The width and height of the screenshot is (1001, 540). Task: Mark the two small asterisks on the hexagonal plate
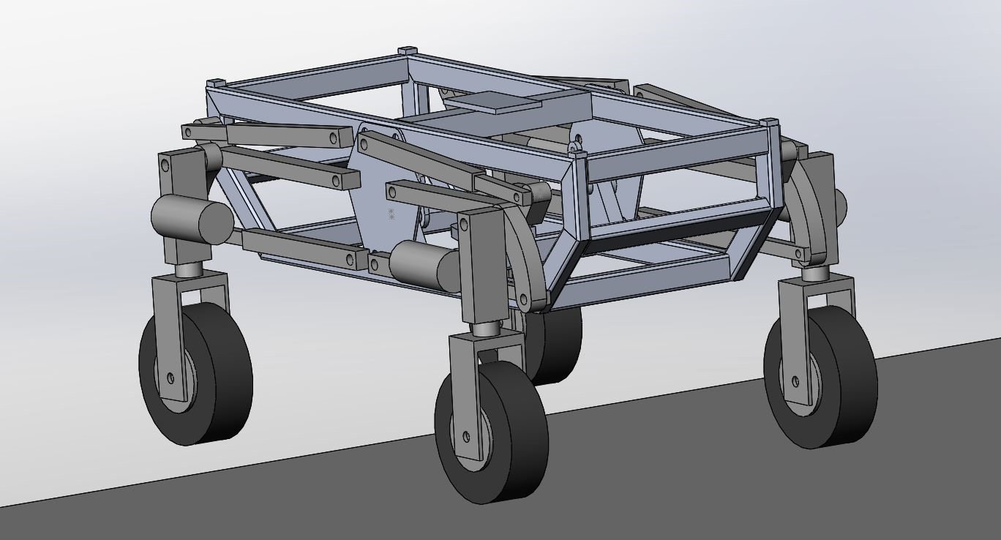(391, 214)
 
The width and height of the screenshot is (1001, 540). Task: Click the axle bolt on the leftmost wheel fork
(170, 378)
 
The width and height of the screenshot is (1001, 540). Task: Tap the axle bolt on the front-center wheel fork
(466, 437)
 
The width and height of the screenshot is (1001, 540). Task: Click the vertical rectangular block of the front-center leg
(479, 267)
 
